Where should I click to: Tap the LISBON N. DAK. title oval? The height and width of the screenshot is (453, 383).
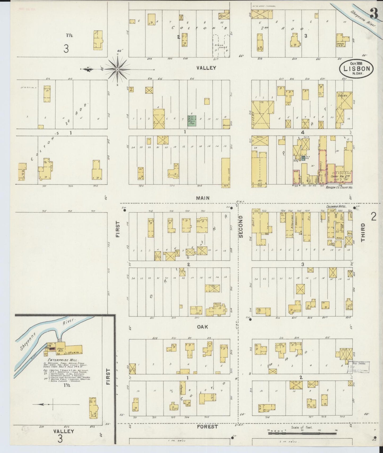click(357, 68)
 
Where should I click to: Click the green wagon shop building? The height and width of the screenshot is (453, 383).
click(192, 120)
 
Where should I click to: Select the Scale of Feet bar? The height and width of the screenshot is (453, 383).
click(302, 433)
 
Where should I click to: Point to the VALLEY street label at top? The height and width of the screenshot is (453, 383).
click(206, 68)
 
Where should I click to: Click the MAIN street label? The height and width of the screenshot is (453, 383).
click(203, 198)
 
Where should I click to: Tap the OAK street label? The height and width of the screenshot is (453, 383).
click(202, 327)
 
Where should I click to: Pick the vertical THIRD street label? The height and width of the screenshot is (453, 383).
click(363, 232)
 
